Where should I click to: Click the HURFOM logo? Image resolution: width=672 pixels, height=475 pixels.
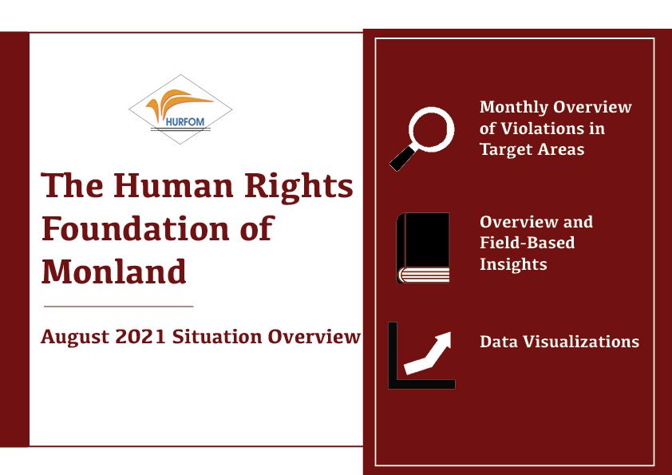pyautogui.click(x=180, y=109)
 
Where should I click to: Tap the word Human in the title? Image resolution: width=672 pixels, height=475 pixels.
pyautogui.click(x=173, y=186)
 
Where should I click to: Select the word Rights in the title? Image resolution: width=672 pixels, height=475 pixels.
pyautogui.click(x=298, y=188)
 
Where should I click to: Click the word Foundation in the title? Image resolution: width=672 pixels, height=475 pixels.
pyautogui.click(x=136, y=228)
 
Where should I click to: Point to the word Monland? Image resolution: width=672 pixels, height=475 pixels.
pyautogui.click(x=113, y=271)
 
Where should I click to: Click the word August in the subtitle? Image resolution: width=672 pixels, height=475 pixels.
pyautogui.click(x=75, y=338)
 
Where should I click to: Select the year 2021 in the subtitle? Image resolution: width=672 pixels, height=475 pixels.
pyautogui.click(x=140, y=337)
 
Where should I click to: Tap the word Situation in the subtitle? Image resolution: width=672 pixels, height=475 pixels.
pyautogui.click(x=217, y=337)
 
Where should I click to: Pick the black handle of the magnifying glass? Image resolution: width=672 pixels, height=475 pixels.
pyautogui.click(x=402, y=159)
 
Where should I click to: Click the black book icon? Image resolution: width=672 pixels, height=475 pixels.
pyautogui.click(x=423, y=248)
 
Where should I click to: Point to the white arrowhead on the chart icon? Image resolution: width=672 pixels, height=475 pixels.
pyautogui.click(x=443, y=339)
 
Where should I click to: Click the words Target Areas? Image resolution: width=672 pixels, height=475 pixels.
pyautogui.click(x=532, y=149)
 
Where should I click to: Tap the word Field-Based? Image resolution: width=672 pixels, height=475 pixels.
pyautogui.click(x=527, y=243)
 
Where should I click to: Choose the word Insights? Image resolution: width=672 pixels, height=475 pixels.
pyautogui.click(x=513, y=264)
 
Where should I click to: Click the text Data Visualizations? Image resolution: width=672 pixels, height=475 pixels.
pyautogui.click(x=559, y=342)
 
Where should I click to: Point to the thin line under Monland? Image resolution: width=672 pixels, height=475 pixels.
pyautogui.click(x=119, y=307)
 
